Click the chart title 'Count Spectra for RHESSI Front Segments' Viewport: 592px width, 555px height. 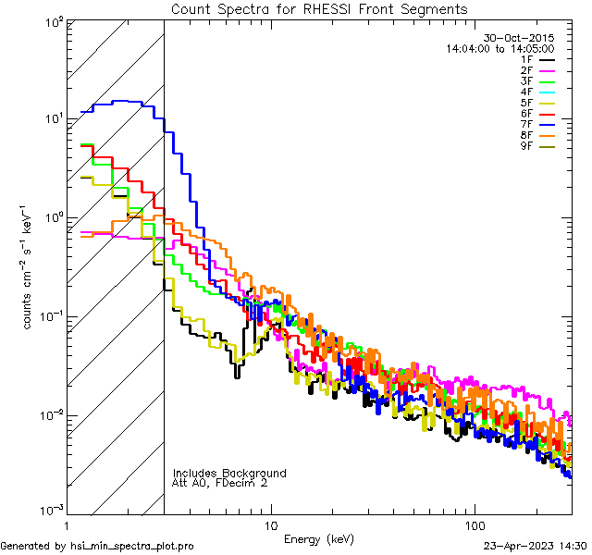(319, 8)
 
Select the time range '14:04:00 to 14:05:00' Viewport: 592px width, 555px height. (499, 48)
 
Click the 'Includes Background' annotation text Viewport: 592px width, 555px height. (229, 473)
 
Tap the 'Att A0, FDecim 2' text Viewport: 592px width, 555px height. (220, 483)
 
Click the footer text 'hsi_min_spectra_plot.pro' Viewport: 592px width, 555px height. (132, 546)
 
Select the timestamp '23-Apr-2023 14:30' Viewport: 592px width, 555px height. (533, 546)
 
